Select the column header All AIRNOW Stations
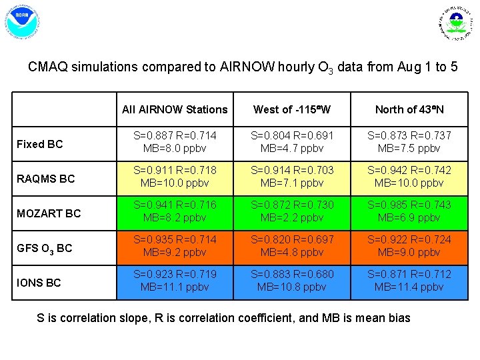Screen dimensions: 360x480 coord(175,109)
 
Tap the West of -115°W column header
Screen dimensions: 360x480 coord(291,109)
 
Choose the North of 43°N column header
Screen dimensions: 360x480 coord(409,109)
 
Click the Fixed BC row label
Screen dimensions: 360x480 coord(40,144)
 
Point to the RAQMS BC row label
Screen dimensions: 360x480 coord(45,179)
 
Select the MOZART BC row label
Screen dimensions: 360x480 coord(49,213)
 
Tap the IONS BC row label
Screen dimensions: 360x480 coord(39,283)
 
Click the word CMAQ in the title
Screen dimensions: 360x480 coord(47,67)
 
